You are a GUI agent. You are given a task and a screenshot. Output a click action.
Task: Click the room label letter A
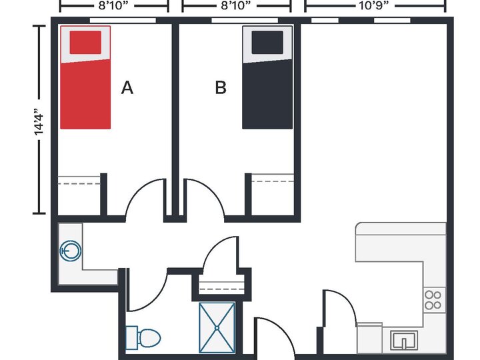click(x=127, y=88)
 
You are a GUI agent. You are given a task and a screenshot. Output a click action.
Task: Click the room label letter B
click(x=221, y=87)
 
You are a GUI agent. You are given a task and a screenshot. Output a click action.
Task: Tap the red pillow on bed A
click(x=85, y=42)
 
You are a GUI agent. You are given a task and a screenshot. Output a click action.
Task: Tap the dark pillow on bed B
click(x=267, y=42)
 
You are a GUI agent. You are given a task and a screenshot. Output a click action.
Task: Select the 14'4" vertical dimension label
click(x=39, y=121)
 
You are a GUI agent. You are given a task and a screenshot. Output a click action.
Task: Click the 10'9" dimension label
click(x=375, y=5)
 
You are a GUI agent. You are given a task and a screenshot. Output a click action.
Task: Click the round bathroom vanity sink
click(x=71, y=251)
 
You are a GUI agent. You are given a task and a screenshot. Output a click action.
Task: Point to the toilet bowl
click(x=150, y=338)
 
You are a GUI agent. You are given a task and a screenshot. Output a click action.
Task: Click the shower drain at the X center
click(x=217, y=328)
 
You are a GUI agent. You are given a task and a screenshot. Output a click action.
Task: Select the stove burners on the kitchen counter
click(x=433, y=300)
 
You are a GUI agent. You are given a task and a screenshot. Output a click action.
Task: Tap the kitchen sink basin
click(x=404, y=341)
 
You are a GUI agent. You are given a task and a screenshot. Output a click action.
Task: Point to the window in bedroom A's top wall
click(x=123, y=20)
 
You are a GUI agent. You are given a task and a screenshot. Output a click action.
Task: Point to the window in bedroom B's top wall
click(x=245, y=20)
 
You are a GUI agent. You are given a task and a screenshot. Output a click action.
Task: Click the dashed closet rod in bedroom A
click(x=79, y=184)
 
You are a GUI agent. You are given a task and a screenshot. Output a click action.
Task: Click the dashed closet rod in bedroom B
click(x=273, y=181)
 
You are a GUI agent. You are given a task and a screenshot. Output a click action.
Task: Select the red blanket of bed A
click(x=85, y=94)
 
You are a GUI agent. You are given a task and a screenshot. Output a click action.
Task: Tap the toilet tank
click(x=132, y=337)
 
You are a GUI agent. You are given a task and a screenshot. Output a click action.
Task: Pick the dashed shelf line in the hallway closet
click(x=222, y=289)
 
